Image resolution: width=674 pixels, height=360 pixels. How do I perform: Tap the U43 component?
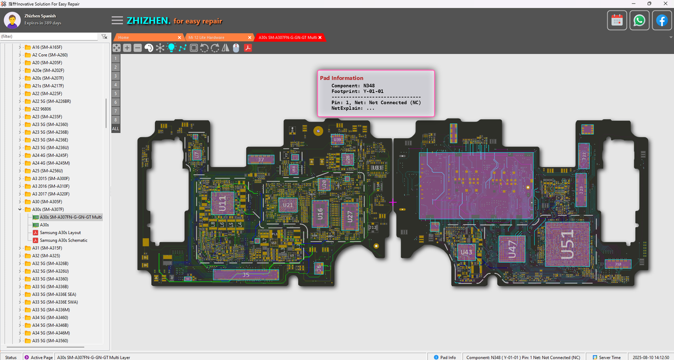[467, 253]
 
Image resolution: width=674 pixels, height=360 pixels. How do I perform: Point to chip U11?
[222, 203]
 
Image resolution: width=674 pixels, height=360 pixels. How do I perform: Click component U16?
[320, 213]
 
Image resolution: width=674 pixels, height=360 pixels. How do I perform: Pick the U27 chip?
[348, 217]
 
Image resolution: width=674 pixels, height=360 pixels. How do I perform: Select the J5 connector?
[246, 275]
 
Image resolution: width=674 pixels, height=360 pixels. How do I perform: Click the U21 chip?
[288, 205]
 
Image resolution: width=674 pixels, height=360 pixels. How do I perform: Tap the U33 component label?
[377, 167]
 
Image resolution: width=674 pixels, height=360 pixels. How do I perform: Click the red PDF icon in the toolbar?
[247, 48]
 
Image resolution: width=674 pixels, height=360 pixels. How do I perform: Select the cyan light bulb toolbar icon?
[171, 48]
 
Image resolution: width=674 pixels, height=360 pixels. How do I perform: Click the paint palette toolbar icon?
[148, 48]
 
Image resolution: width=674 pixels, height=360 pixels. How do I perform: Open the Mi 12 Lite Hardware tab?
[206, 37]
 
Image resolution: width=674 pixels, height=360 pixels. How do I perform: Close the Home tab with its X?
[180, 37]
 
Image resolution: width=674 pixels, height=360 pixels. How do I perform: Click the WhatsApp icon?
[639, 21]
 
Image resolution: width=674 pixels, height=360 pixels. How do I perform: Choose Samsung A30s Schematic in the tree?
[64, 240]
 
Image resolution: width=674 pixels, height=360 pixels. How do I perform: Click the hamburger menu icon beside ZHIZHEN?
[117, 21]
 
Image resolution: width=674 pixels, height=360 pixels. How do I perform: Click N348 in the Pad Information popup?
[369, 85]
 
